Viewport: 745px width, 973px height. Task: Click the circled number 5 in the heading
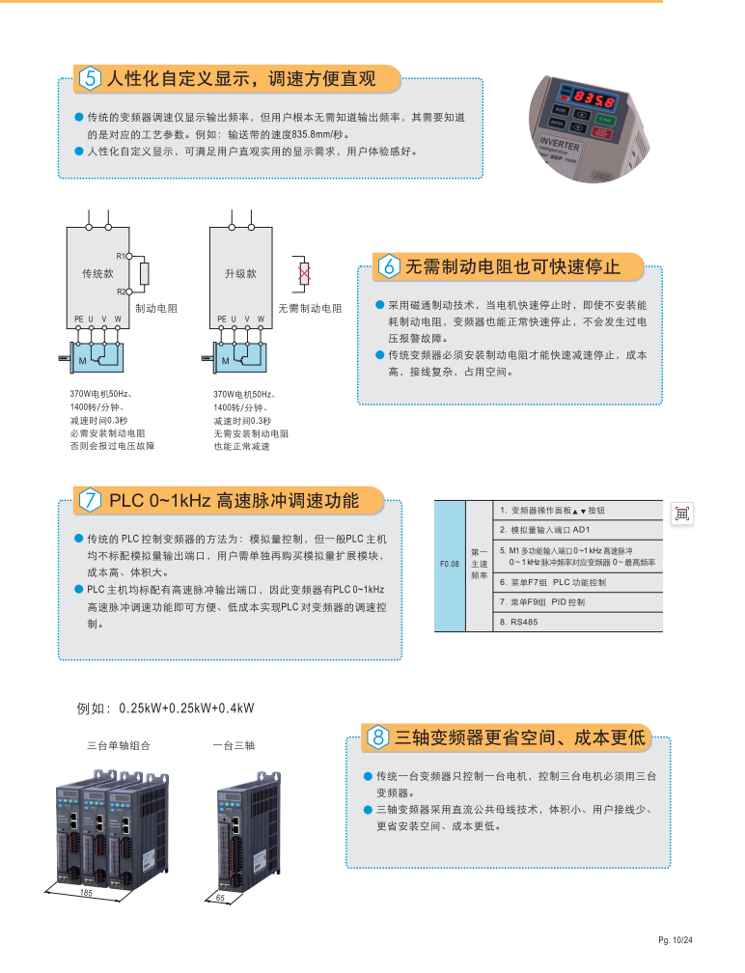(x=91, y=78)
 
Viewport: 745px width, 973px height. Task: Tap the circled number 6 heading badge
(x=390, y=265)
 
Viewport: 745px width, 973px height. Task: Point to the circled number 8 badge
(x=378, y=738)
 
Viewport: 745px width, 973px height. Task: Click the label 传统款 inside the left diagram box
(x=97, y=274)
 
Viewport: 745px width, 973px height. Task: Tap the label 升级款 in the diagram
(x=241, y=274)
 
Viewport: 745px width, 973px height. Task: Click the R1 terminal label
(x=122, y=256)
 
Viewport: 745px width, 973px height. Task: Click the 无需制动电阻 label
(x=310, y=308)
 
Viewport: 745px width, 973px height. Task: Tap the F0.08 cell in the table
(x=450, y=564)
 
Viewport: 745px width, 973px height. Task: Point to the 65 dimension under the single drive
(x=220, y=899)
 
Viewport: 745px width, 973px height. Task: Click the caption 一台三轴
(x=234, y=746)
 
